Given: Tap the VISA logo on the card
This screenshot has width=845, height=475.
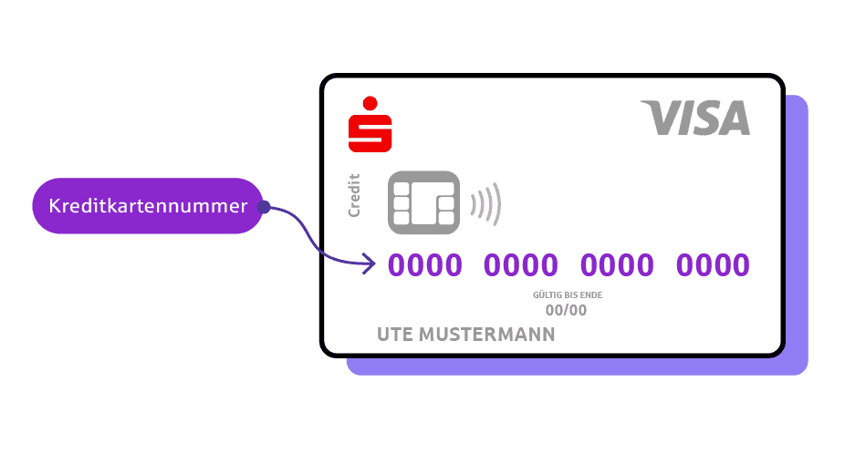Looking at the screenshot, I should (695, 119).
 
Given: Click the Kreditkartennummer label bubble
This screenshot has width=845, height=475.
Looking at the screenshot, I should (148, 206).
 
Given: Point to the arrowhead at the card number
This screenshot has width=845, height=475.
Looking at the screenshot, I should (370, 265).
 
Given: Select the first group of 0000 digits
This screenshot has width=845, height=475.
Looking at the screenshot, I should (425, 265).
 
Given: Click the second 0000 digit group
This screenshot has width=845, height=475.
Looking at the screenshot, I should (521, 265).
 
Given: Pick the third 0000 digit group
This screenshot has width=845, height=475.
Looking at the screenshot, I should (617, 265).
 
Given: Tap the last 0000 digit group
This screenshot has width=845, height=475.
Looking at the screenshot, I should (713, 265).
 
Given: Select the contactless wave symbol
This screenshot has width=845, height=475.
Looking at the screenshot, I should (485, 203).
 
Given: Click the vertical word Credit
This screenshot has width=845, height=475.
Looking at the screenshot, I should (354, 195).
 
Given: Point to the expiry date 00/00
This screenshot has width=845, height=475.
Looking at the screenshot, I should (566, 310).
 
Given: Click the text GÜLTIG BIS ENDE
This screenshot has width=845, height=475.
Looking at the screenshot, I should (568, 295).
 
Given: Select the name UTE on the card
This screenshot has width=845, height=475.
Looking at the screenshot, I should (394, 335).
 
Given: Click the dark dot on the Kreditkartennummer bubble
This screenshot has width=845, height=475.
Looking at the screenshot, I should (263, 207).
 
